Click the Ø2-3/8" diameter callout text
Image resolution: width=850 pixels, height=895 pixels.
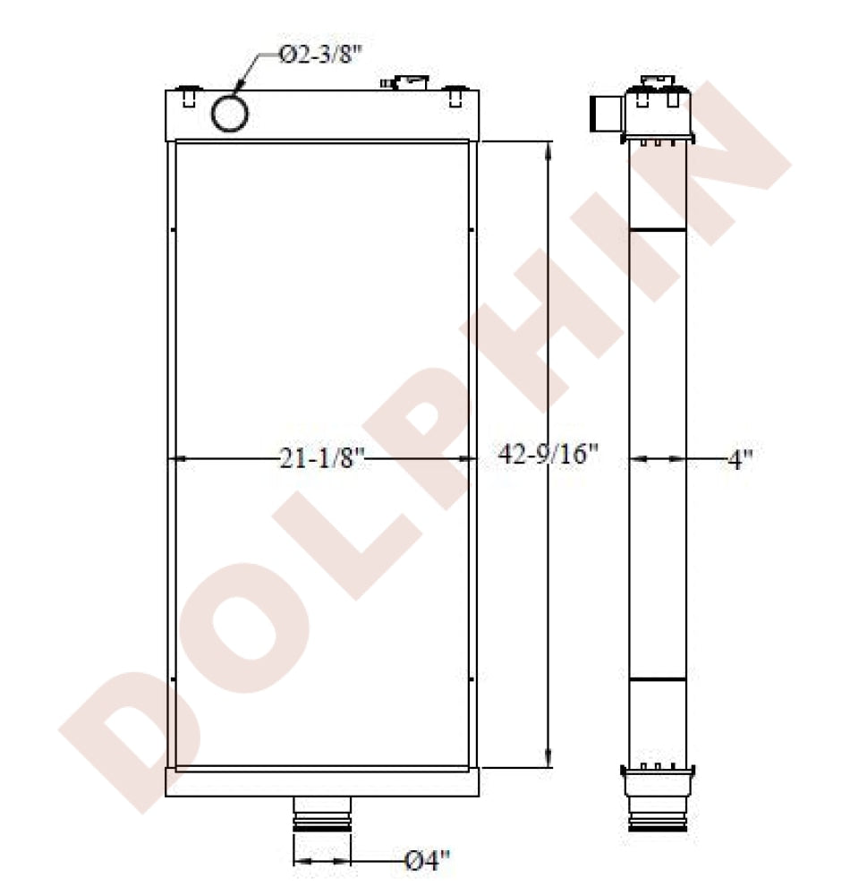321,55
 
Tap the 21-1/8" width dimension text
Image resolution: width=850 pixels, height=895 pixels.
322,457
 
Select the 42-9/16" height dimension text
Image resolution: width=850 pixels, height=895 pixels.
548,455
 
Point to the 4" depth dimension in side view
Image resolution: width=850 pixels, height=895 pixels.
740,459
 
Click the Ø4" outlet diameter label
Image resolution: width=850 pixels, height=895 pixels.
428,860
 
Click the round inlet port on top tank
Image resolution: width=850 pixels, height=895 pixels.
230,113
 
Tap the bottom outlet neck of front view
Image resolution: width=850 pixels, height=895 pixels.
322,816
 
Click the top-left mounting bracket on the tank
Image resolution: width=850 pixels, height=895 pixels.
189,96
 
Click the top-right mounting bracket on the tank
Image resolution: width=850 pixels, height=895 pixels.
455,96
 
